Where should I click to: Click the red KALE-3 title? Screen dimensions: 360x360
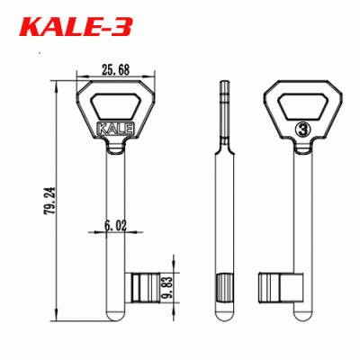click(x=77, y=28)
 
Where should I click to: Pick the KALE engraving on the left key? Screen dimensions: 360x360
click(x=114, y=128)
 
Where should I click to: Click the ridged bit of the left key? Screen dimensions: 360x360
click(x=147, y=287)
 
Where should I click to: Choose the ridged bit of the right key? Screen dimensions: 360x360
click(x=274, y=287)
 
